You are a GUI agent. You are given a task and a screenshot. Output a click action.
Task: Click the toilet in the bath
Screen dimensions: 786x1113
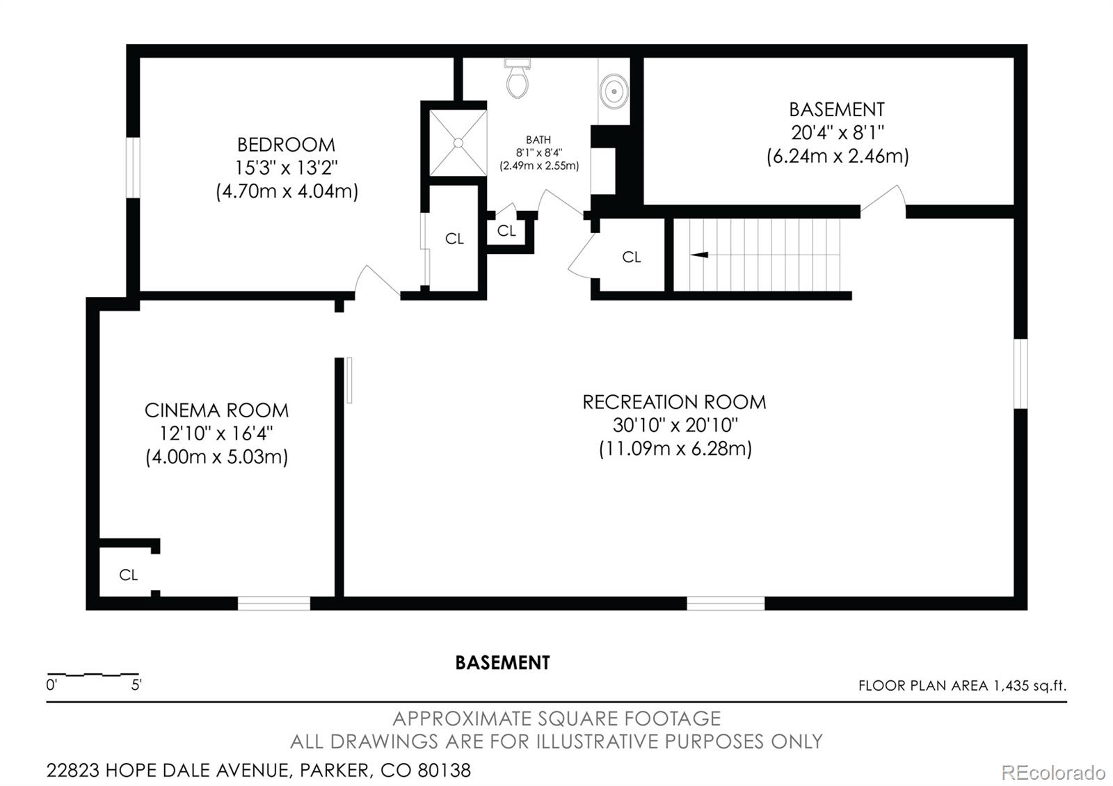[x=518, y=79]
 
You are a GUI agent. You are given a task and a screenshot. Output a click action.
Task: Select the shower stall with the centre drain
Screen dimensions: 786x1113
[x=458, y=143]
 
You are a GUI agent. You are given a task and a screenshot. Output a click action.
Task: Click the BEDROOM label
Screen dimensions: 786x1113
[x=286, y=145]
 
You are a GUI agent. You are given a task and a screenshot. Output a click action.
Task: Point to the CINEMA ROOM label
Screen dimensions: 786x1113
[x=216, y=410]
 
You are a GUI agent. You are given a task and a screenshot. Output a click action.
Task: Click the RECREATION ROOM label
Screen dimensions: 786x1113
[x=674, y=402]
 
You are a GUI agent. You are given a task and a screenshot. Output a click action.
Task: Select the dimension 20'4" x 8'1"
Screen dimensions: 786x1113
[x=837, y=132]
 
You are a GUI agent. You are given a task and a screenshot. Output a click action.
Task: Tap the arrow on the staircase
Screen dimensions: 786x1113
[x=698, y=255]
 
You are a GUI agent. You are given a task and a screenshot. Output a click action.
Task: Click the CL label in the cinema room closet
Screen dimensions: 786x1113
[x=129, y=575]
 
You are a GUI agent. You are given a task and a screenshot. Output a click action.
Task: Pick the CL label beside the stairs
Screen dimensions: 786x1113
[x=632, y=257]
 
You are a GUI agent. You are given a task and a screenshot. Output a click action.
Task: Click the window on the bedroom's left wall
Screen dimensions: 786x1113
[x=132, y=168]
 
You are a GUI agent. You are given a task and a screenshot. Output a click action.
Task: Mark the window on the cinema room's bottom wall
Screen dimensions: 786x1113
[x=274, y=603]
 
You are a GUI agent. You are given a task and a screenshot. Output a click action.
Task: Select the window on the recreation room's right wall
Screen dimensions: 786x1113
[x=1020, y=374]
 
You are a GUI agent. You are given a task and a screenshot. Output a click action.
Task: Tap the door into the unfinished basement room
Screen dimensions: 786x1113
[x=883, y=200]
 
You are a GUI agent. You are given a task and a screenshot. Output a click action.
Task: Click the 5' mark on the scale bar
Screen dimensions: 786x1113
[x=136, y=685]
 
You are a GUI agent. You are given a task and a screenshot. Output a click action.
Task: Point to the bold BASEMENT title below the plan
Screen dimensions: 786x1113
[x=502, y=663]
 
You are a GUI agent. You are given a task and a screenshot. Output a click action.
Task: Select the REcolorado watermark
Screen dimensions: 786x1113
[x=1052, y=772]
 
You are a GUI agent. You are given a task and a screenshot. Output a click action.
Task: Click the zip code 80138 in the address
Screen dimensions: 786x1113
[x=444, y=770]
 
